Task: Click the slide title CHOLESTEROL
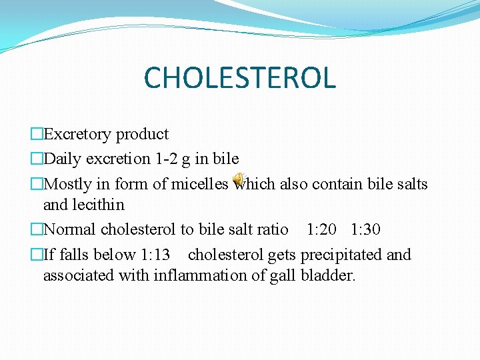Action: (239, 77)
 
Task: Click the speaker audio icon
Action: (238, 180)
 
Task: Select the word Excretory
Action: (77, 134)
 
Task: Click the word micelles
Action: (199, 183)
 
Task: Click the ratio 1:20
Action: (321, 229)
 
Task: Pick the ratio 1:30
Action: (365, 229)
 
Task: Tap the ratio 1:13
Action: (155, 255)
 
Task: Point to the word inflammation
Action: (190, 275)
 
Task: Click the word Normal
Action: (70, 229)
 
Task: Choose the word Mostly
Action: (65, 183)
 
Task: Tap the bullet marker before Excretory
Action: (36, 135)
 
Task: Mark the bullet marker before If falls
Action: (36, 255)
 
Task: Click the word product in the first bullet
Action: (142, 134)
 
